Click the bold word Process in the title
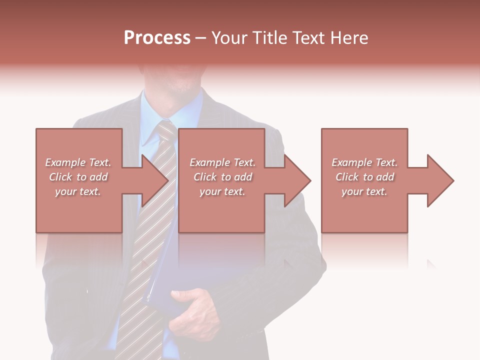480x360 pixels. tap(157, 37)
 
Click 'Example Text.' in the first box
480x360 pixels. tap(78, 162)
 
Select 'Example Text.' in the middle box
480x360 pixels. tap(222, 162)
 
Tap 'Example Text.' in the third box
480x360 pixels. tap(364, 162)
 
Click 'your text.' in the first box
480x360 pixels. tap(78, 191)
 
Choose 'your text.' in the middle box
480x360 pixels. tap(222, 191)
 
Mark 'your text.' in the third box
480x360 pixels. tap(364, 191)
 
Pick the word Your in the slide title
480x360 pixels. tap(230, 37)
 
